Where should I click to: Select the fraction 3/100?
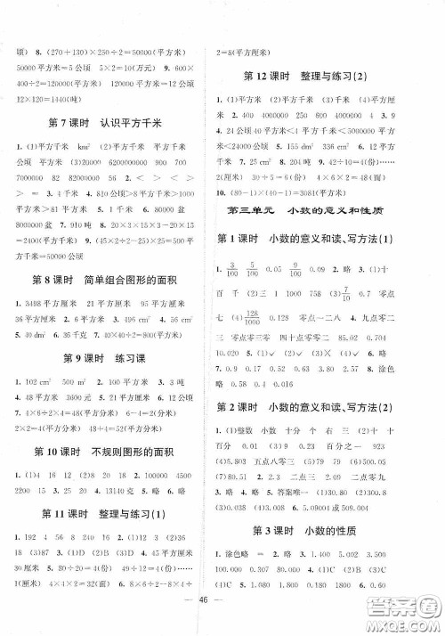click(x=233, y=293)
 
